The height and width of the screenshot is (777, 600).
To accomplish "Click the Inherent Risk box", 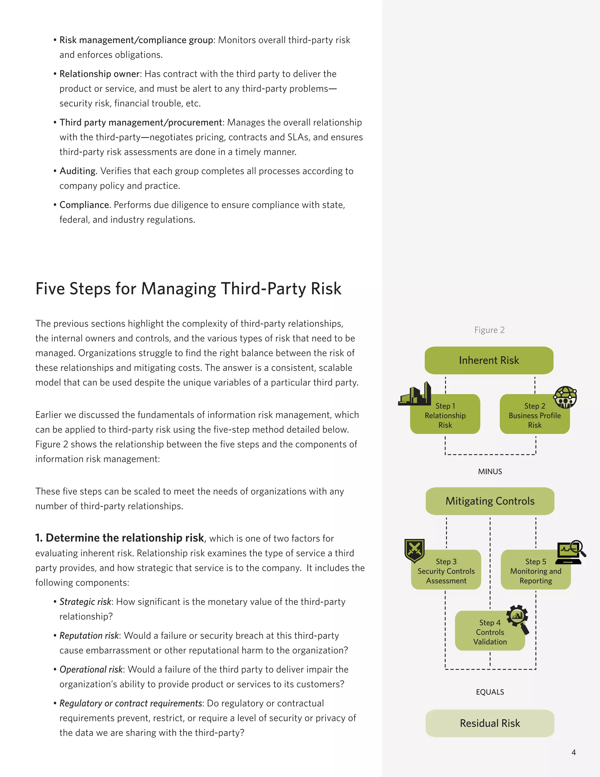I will coord(489,360).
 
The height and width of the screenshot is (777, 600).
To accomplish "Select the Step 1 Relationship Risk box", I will coord(445,415).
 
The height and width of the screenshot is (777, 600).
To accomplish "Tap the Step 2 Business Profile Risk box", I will coord(534,415).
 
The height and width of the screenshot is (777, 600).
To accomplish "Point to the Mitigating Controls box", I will coord(490,501).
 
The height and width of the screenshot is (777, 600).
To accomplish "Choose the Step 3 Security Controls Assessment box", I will coord(446,571).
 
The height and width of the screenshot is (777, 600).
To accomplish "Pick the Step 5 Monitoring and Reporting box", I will coord(536,571).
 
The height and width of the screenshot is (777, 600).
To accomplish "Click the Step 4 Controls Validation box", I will coord(490,632).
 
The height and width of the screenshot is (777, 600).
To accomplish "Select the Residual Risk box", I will coord(490,723).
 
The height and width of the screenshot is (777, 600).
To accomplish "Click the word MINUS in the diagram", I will coord(490,471).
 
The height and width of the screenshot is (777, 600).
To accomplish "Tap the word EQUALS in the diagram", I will coord(490,692).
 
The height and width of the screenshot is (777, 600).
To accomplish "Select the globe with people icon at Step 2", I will coord(565,397).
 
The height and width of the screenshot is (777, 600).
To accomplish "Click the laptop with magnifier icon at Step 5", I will coord(570,552).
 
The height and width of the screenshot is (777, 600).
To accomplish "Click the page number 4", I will coord(573,752).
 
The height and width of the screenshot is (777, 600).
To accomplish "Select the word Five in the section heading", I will coord(50,289).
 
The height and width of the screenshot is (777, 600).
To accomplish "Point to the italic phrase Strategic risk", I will coord(85,602).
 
